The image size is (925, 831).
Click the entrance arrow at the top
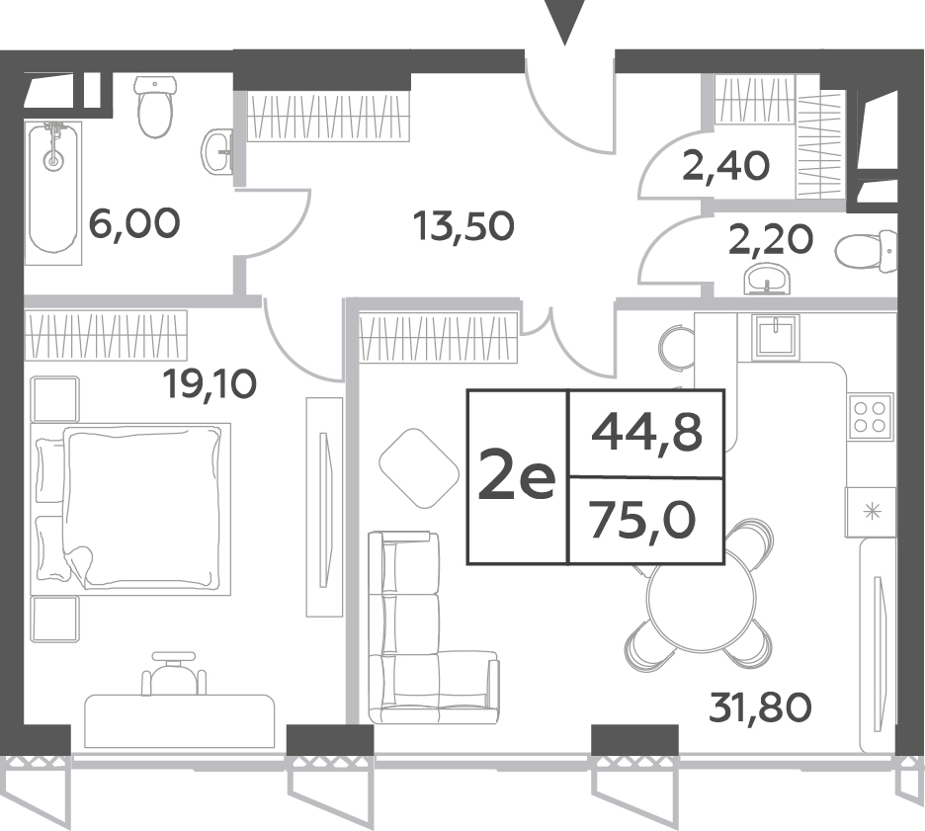click(x=564, y=21)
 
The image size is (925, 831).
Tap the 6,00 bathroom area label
click(x=134, y=224)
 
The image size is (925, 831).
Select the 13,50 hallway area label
click(x=463, y=226)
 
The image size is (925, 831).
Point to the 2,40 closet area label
click(x=726, y=166)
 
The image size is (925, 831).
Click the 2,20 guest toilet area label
click(x=771, y=240)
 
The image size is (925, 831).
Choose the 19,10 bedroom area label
click(x=210, y=384)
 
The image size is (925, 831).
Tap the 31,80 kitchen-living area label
click(x=760, y=707)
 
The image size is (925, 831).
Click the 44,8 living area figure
click(x=647, y=434)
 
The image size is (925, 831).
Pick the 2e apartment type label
click(x=516, y=474)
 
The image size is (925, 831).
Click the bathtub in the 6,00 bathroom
click(x=53, y=193)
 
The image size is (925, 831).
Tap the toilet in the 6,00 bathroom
click(x=156, y=107)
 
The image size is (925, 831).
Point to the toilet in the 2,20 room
click(x=866, y=252)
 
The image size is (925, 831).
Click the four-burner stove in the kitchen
click(x=870, y=417)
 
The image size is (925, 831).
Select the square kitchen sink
click(x=776, y=335)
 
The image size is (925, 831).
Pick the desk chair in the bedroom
click(x=174, y=673)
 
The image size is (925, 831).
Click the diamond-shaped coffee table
click(x=419, y=468)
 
